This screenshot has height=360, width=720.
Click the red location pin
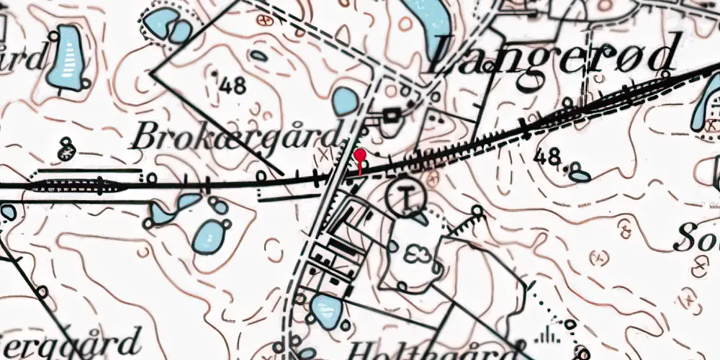[360, 156]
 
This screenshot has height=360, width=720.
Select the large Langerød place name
[554, 55]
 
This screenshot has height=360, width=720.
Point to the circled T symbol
[406, 196]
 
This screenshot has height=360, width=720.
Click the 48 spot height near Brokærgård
[230, 86]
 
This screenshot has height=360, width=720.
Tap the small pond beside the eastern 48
[580, 175]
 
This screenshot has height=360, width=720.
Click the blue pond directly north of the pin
[345, 102]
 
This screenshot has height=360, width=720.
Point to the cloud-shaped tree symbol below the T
[415, 253]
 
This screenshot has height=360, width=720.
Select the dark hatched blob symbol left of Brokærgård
[68, 151]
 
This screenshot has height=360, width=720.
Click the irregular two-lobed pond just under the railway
[173, 208]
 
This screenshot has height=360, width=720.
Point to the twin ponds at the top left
[168, 25]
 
